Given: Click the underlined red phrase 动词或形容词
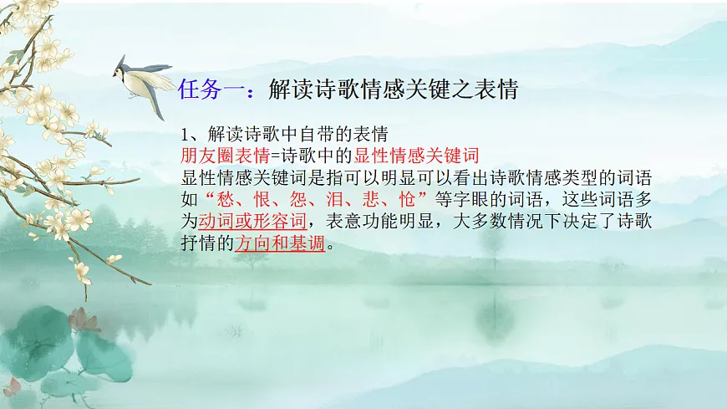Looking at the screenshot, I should [253, 222].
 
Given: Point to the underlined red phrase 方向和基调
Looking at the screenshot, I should [279, 244].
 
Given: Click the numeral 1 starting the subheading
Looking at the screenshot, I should [186, 134].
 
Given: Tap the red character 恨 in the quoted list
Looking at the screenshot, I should [265, 200].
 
